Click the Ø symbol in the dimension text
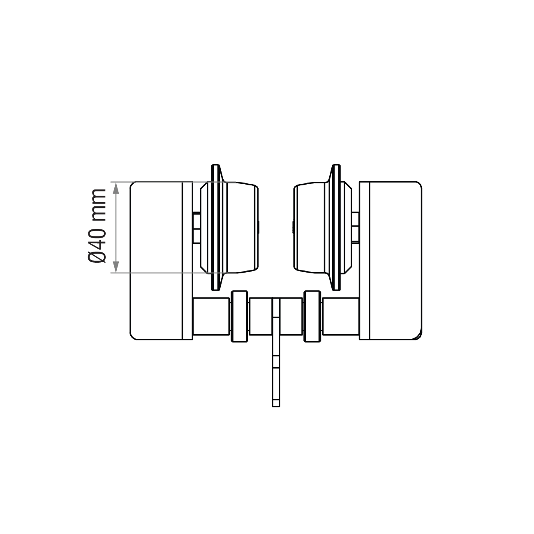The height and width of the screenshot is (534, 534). point(97,257)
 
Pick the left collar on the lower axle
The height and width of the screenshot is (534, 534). point(239,317)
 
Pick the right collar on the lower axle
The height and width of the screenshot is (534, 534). point(312,317)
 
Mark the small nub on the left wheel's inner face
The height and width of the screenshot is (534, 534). point(259,227)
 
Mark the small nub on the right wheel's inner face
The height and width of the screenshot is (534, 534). point(291,227)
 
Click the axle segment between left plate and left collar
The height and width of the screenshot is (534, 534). point(211,317)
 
